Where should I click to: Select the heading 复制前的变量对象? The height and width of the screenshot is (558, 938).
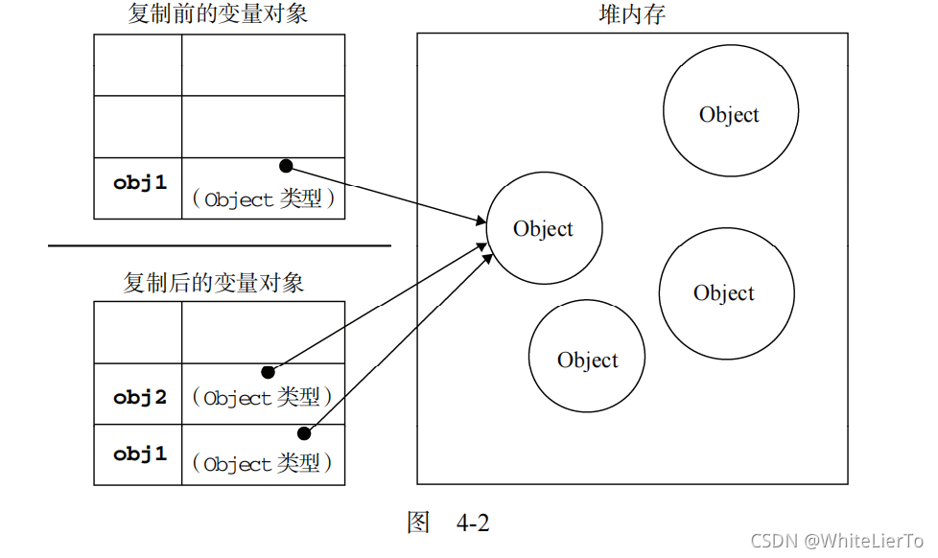click(218, 13)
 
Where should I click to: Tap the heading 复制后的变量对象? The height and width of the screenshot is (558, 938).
click(214, 283)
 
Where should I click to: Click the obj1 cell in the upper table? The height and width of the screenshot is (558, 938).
click(139, 182)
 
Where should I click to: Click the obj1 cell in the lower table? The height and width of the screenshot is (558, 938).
click(139, 454)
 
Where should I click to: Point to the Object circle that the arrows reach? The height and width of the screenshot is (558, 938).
click(544, 229)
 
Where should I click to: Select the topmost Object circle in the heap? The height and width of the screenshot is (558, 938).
click(730, 115)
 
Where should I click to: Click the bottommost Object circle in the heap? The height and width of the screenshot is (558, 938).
click(587, 360)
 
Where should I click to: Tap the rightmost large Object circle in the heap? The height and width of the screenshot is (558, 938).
click(726, 293)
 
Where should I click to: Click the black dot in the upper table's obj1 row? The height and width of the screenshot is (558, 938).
click(286, 166)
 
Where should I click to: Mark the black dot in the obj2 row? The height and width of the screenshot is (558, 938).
click(268, 372)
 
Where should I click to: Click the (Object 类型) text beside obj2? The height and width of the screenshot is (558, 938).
click(263, 397)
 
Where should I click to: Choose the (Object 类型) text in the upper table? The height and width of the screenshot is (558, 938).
click(263, 199)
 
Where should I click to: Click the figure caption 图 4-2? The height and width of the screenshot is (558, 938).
click(448, 523)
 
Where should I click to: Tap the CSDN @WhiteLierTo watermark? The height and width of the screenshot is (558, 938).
click(836, 542)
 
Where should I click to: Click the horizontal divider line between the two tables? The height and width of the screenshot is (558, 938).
click(220, 246)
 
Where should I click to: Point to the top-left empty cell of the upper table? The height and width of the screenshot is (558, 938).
click(138, 65)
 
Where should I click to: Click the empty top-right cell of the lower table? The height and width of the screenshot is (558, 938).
click(263, 333)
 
